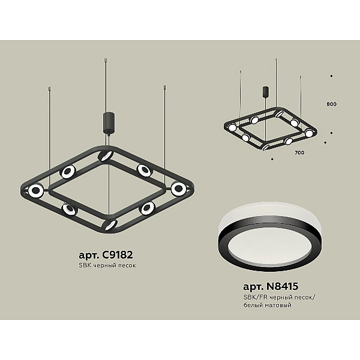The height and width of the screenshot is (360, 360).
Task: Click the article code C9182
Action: coord(118,255)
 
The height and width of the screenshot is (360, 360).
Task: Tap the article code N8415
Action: coord(282,286)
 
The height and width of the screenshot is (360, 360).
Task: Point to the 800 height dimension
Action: coord(332,104)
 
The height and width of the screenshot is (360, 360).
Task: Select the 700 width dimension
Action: coord(299,152)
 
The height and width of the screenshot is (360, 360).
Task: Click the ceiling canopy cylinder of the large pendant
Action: coord(109,122)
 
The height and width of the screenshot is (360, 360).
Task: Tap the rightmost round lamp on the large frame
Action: coord(178,189)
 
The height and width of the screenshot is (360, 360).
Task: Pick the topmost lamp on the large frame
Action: coord(106,156)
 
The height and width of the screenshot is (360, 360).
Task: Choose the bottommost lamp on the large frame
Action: coord(110,224)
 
